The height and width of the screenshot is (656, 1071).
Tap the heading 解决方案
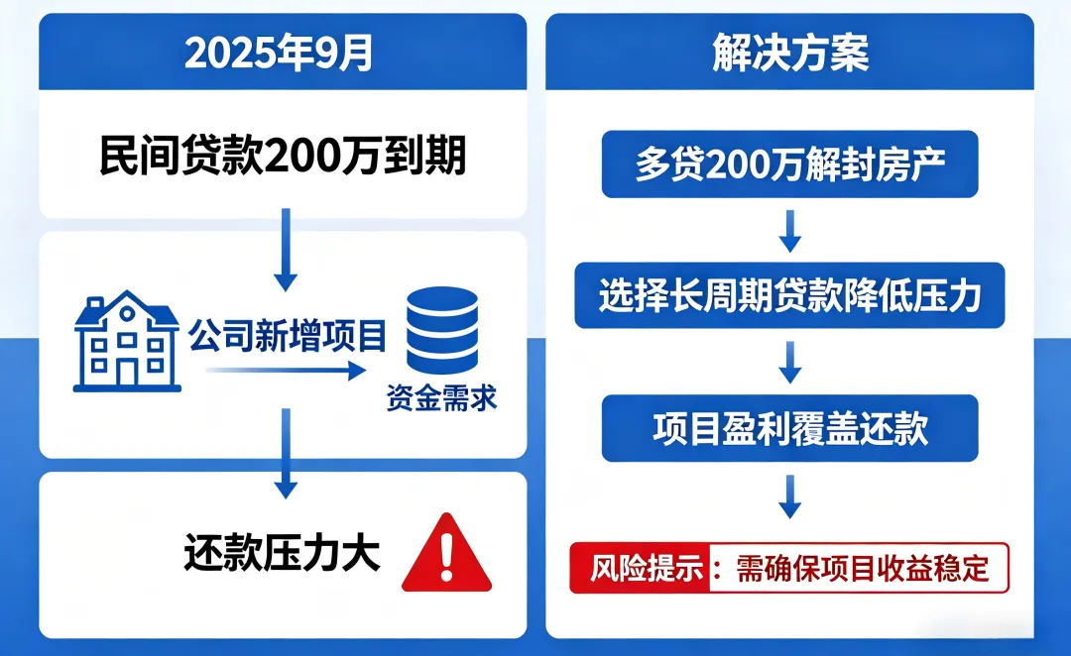[790, 53]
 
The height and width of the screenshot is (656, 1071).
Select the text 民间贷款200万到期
[283, 157]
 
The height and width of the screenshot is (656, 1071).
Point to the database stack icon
[441, 329]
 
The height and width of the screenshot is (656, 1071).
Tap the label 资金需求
[441, 400]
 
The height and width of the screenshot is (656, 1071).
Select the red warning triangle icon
[449, 553]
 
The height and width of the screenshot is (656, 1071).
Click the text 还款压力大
[282, 553]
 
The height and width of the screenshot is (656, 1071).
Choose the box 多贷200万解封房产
[790, 164]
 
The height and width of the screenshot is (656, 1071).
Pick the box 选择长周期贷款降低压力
[790, 294]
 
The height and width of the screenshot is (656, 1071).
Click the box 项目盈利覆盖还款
[790, 427]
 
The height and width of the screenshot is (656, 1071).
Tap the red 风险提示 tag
[641, 569]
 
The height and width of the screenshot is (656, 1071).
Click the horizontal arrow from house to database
[283, 372]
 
